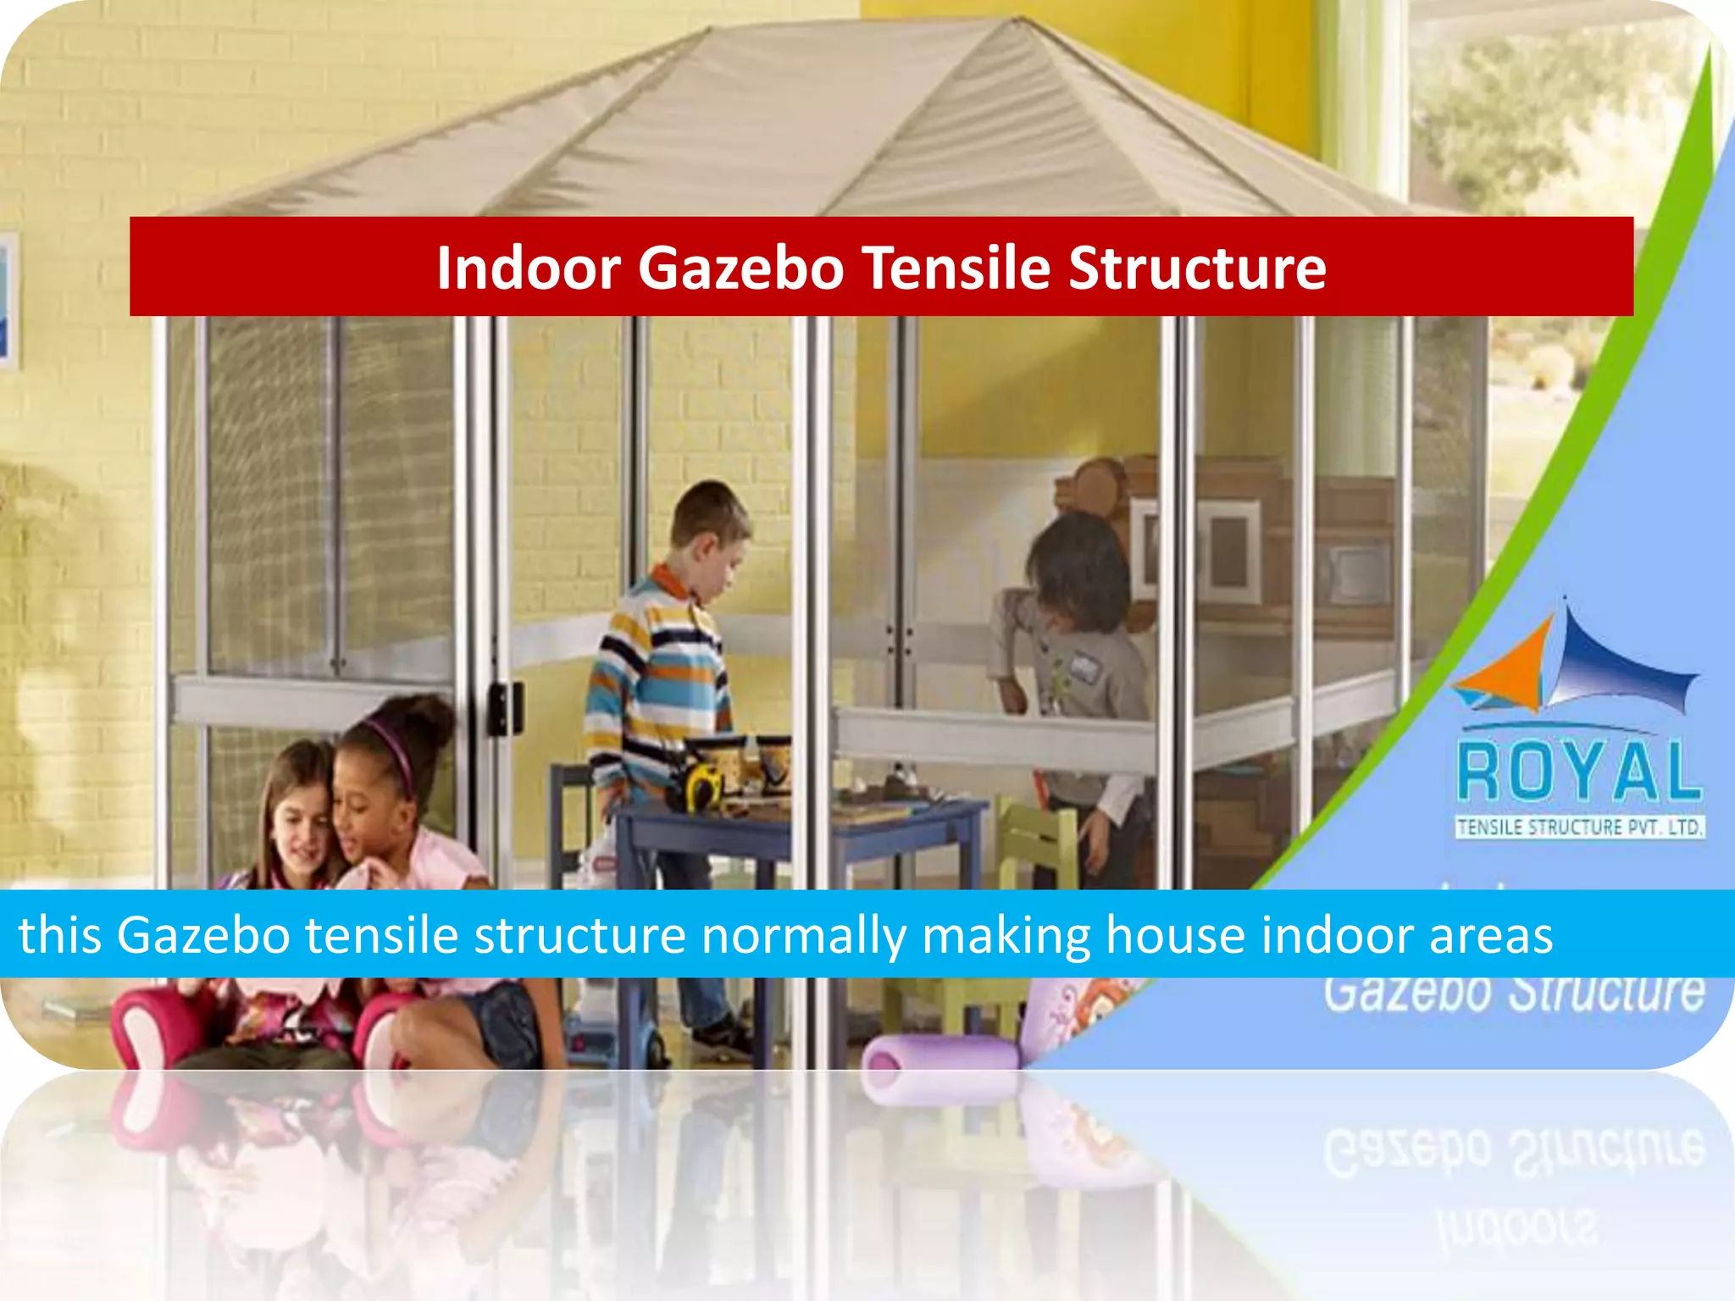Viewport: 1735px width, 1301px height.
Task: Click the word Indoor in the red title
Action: point(529,268)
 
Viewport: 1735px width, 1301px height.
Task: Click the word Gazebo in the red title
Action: point(740,268)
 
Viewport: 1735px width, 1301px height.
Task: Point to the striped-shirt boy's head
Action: point(710,525)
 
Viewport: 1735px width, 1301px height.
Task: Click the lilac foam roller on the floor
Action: point(940,1059)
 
